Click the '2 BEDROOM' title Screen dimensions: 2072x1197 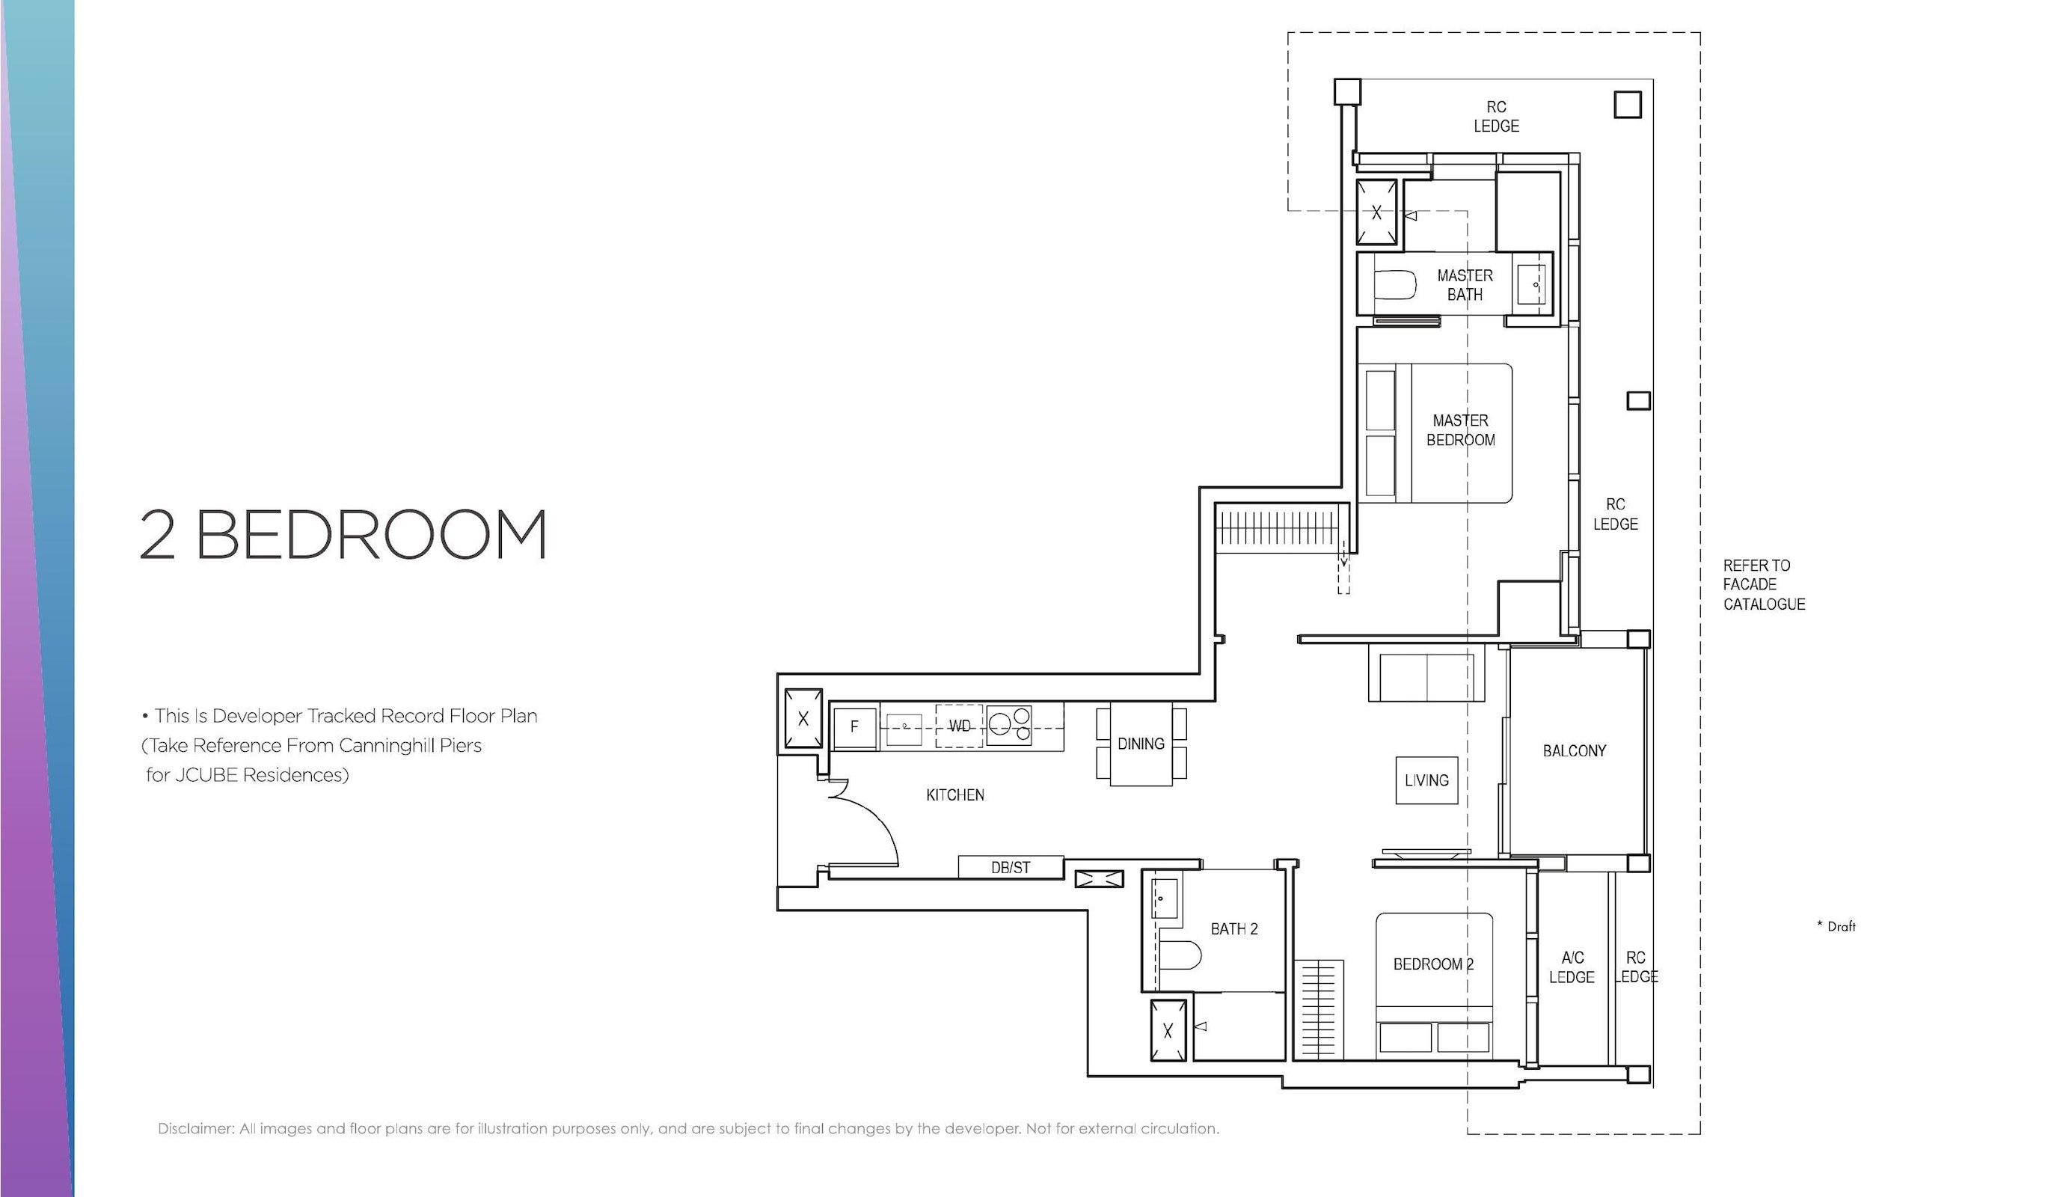click(343, 534)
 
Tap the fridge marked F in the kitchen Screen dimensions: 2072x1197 click(855, 726)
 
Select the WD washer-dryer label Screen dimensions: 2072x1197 click(959, 726)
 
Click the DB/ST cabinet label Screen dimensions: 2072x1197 click(1010, 867)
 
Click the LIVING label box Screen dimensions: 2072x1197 click(1426, 780)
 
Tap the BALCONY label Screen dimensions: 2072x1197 click(1574, 750)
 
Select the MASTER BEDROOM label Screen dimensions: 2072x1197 click(1461, 430)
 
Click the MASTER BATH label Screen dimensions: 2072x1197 click(1465, 284)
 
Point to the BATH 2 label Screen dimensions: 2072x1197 click(1233, 929)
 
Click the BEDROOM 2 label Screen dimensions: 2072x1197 click(1433, 964)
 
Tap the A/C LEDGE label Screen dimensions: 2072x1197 click(1572, 967)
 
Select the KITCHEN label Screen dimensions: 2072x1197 click(955, 795)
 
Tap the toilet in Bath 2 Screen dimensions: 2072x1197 click(1180, 955)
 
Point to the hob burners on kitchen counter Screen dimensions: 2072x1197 click(1008, 725)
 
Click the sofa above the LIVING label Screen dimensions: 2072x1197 click(1426, 673)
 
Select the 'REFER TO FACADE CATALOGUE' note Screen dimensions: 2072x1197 click(1764, 584)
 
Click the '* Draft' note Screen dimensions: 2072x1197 click(1836, 926)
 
